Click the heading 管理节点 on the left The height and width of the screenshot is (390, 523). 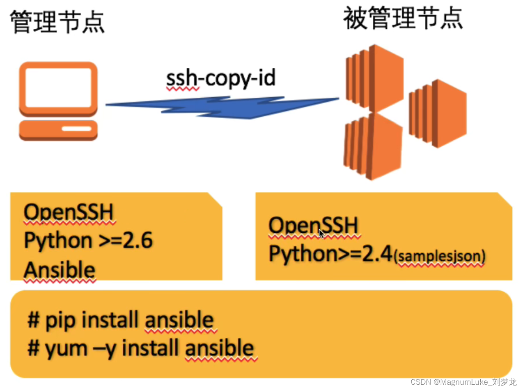point(57,22)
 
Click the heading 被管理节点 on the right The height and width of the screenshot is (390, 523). point(403,19)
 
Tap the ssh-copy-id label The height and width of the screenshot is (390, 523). point(220,79)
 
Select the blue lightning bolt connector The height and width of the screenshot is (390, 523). point(222,108)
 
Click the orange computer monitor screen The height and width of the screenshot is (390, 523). point(58,87)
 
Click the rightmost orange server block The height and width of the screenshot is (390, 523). point(438,113)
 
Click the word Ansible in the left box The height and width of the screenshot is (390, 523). point(60,270)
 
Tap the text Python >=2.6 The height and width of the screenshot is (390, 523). point(88,241)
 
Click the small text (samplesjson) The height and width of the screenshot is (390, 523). point(439,257)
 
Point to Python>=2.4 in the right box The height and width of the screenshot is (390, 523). point(330,254)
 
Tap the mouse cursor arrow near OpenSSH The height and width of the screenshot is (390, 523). point(321,233)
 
